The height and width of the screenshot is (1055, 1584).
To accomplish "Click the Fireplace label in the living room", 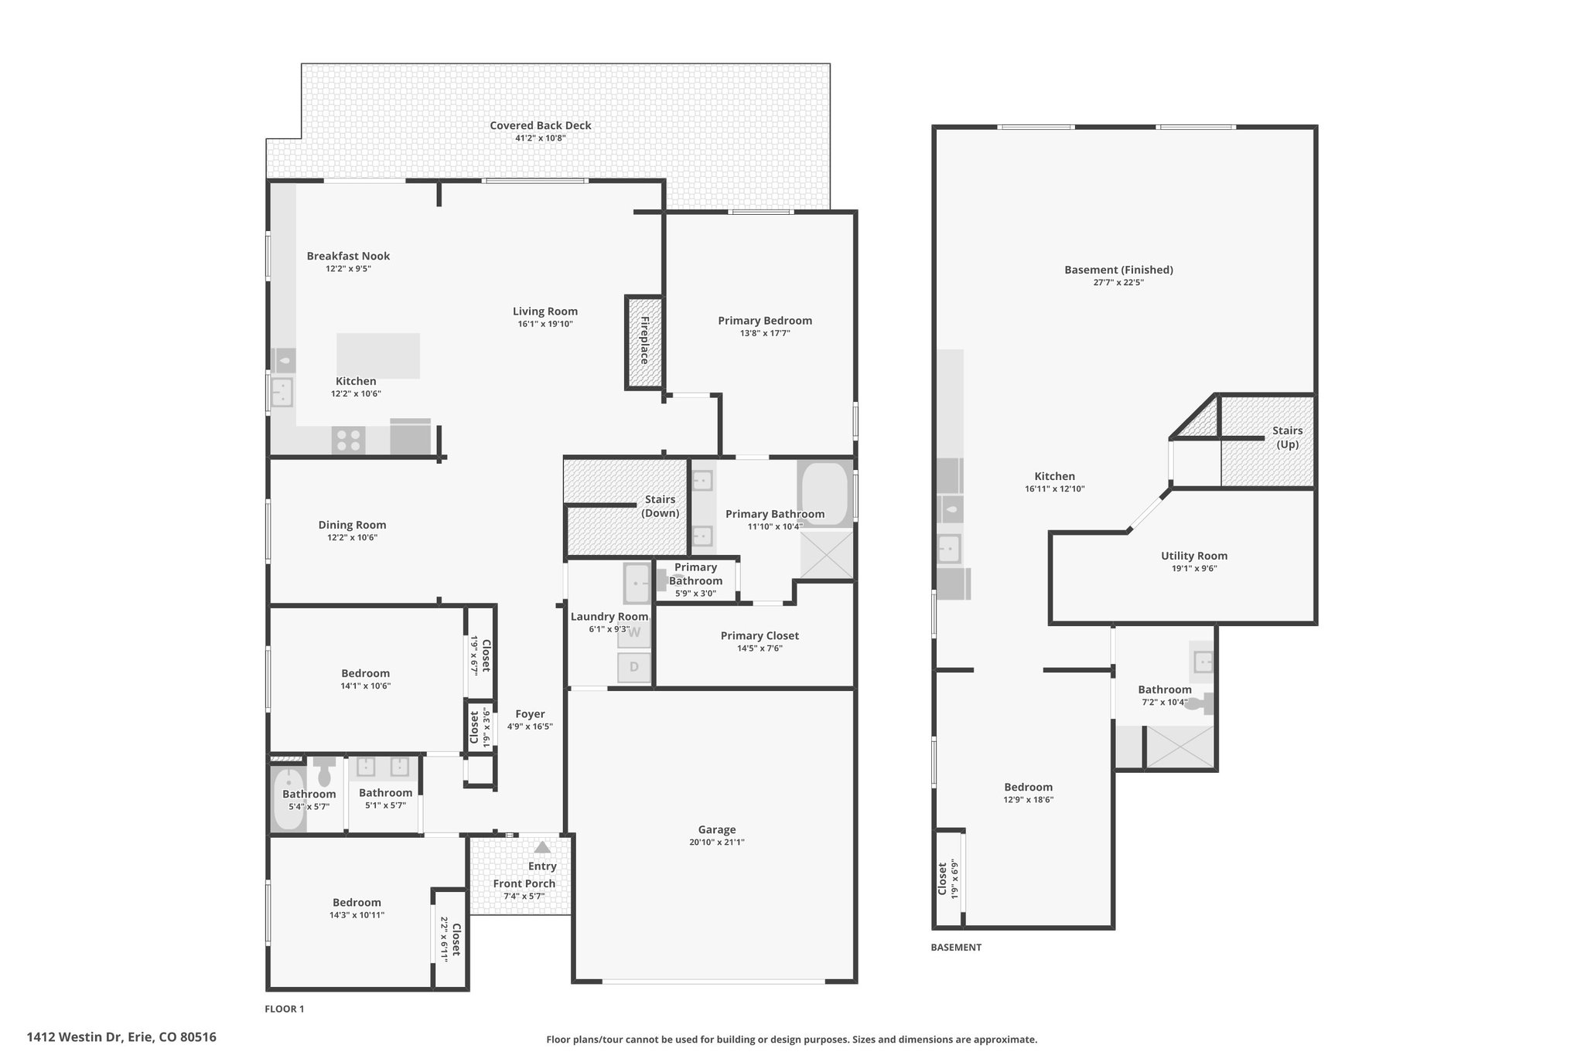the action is pyautogui.click(x=644, y=340).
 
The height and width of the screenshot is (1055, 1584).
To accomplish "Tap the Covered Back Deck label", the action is pyautogui.click(x=541, y=125).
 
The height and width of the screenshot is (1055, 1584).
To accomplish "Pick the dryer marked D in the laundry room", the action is pyautogui.click(x=634, y=667).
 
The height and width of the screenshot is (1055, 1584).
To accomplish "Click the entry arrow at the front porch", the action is pyautogui.click(x=542, y=847).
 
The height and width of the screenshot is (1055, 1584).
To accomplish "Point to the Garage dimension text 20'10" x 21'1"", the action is pyautogui.click(x=716, y=842).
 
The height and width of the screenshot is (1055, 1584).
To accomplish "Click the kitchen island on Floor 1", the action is pyautogui.click(x=378, y=356).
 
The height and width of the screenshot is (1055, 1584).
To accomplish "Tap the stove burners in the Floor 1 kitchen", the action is pyautogui.click(x=348, y=441).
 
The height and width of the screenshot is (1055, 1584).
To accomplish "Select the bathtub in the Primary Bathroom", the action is pyautogui.click(x=824, y=495).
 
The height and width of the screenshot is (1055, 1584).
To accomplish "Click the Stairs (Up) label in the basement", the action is pyautogui.click(x=1288, y=437).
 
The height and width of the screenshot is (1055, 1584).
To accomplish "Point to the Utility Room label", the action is pyautogui.click(x=1194, y=556).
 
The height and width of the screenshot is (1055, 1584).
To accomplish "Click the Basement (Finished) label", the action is pyautogui.click(x=1118, y=270).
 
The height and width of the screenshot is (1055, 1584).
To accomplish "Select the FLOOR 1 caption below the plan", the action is pyautogui.click(x=285, y=1009).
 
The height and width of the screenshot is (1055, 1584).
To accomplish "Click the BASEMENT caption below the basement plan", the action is pyautogui.click(x=956, y=947).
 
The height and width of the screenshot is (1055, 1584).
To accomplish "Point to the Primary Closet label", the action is pyautogui.click(x=760, y=635).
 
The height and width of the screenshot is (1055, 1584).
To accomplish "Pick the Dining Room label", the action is pyautogui.click(x=352, y=525).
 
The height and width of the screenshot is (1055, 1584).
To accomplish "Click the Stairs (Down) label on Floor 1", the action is pyautogui.click(x=661, y=506).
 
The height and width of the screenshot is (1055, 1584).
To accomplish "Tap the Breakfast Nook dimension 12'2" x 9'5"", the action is pyautogui.click(x=348, y=269).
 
